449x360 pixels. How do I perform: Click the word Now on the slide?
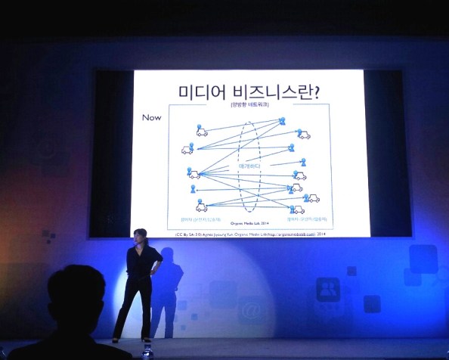point(152,119)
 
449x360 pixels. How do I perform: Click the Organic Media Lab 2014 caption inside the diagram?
point(249,224)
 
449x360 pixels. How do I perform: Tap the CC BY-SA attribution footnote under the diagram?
point(249,234)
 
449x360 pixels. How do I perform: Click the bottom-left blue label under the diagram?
point(199,220)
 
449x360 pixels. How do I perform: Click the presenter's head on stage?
point(140,236)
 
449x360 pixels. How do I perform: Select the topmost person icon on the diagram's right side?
point(282,121)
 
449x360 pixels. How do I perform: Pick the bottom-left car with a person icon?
point(202,204)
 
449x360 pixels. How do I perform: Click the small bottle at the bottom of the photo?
point(147,350)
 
